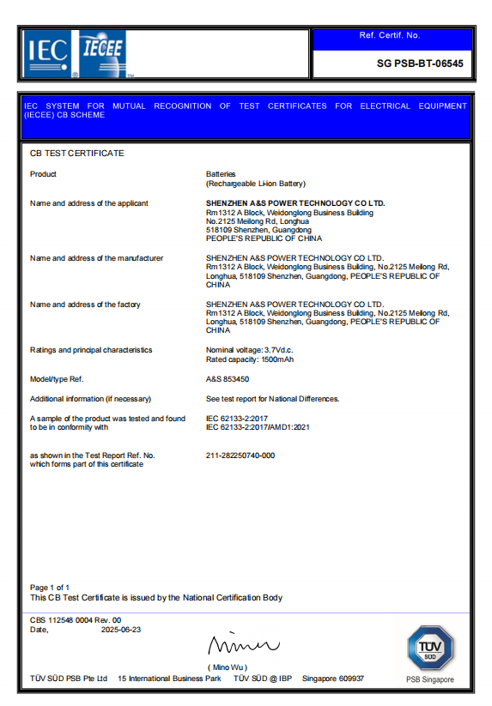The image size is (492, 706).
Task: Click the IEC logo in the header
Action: coord(48,53)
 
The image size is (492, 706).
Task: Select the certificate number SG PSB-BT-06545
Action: coord(420,63)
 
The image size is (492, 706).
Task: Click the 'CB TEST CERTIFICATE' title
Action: coord(77,154)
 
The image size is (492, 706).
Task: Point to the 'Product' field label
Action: coord(43,174)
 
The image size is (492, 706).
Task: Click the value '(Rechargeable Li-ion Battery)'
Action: coord(256,184)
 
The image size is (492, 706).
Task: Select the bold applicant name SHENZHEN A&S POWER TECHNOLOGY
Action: coord(295,203)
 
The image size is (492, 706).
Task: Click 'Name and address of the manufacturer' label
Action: coord(96,258)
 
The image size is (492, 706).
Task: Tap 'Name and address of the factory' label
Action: coord(85,305)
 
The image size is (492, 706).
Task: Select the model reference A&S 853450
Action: coord(228,379)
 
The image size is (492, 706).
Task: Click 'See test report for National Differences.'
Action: coord(273,399)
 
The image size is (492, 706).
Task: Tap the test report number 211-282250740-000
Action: coord(240,456)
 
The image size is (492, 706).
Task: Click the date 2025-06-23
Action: coord(121,629)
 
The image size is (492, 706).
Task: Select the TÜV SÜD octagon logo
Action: coord(429,648)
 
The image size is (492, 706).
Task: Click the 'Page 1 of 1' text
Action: coord(50,588)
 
